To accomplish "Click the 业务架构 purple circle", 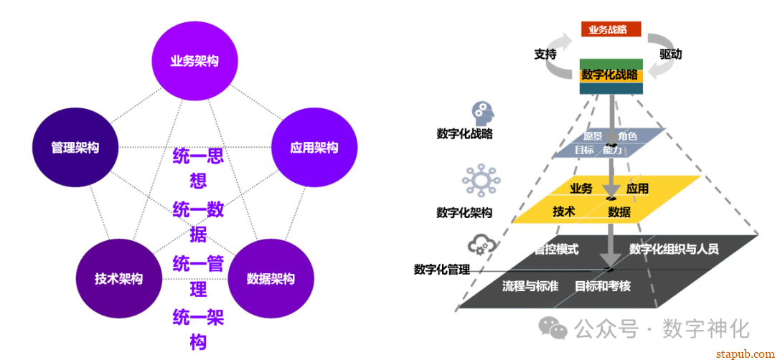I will click(x=194, y=61).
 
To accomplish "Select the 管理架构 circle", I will click(x=75, y=148).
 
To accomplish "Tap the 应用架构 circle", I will click(x=314, y=148).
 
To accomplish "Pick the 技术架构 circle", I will click(x=118, y=278).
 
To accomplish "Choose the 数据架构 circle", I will click(x=271, y=278).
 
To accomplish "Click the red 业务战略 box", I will click(x=611, y=29).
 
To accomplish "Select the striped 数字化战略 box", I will click(x=611, y=75).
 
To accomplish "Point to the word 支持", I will click(x=545, y=55).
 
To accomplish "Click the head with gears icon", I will click(x=480, y=113).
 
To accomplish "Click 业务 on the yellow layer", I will click(x=581, y=189).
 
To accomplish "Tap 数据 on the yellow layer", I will click(x=619, y=212).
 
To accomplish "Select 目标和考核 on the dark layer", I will click(x=603, y=285).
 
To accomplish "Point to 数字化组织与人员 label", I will click(x=674, y=249).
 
